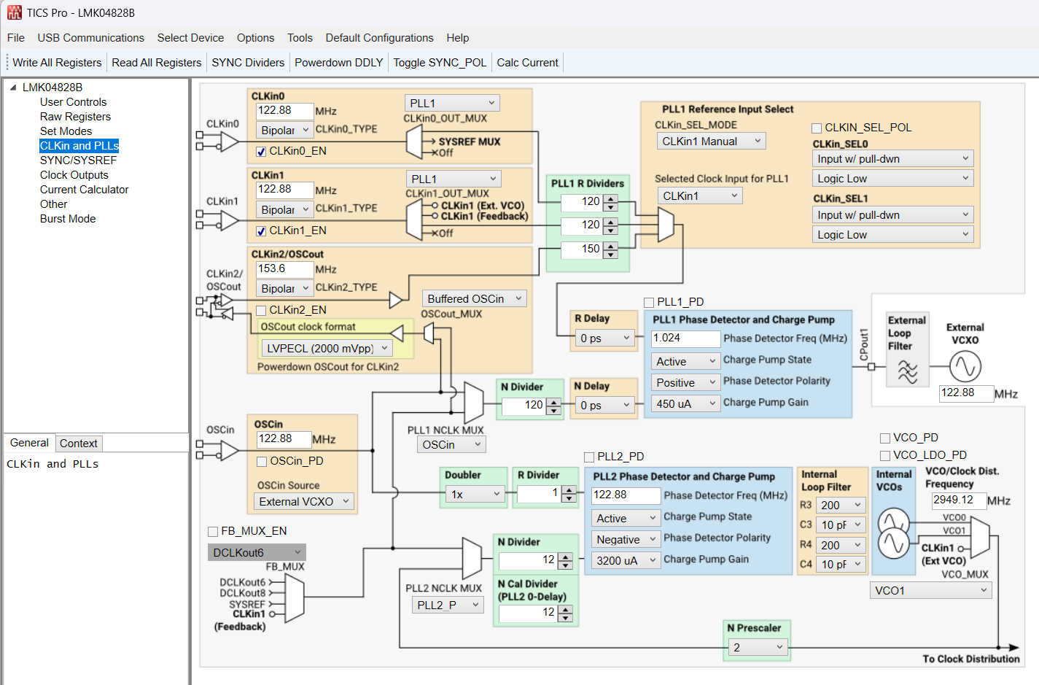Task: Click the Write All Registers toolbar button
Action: click(x=57, y=63)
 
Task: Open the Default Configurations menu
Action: click(x=379, y=38)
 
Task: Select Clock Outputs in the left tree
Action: click(x=74, y=175)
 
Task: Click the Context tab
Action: click(x=79, y=444)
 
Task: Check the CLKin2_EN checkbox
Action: click(x=261, y=311)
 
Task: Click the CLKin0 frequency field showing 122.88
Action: click(x=284, y=111)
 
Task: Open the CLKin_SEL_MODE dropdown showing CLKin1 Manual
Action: click(x=711, y=142)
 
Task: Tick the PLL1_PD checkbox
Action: click(x=649, y=302)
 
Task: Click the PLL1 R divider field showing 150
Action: click(x=582, y=249)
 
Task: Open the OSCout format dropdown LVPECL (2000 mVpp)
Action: click(x=327, y=349)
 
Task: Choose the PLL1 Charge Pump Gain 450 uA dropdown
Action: click(x=685, y=403)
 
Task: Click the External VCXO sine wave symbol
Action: click(x=965, y=366)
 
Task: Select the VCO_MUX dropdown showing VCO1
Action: click(x=931, y=591)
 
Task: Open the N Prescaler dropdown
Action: click(x=758, y=648)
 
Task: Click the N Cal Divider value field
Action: click(x=528, y=613)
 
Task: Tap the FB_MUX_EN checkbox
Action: click(x=213, y=532)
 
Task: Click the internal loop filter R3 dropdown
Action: click(x=840, y=506)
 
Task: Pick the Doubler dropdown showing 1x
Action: click(x=475, y=495)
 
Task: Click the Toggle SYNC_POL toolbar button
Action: click(x=440, y=63)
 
